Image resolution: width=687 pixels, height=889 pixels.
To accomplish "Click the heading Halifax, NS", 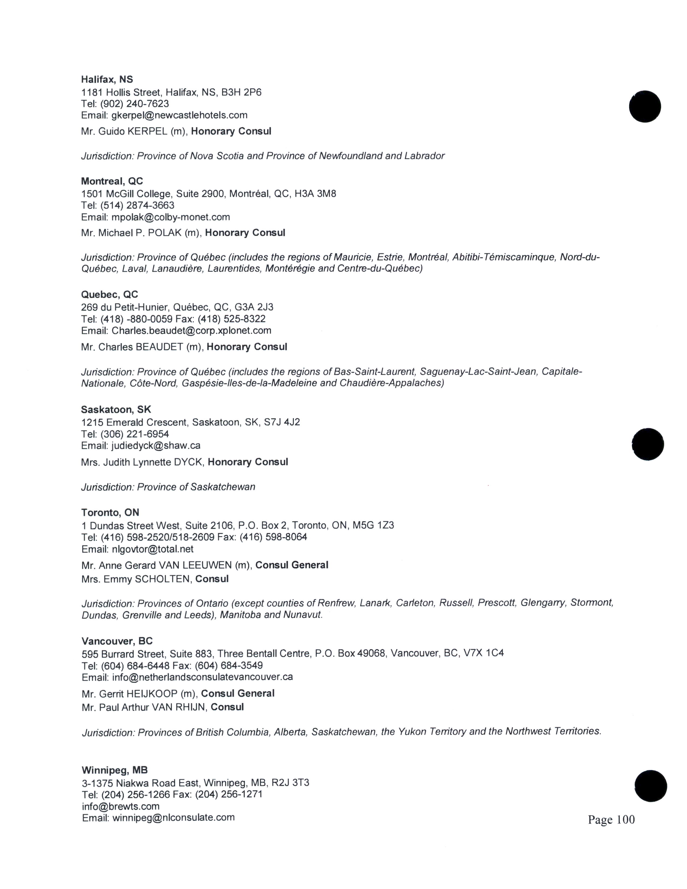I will pos(107,79).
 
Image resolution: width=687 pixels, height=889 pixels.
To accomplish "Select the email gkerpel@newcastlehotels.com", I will pos(179,115).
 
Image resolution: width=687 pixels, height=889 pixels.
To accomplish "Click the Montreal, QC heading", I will pos(112,181).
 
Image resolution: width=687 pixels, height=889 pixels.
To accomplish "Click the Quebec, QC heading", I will pos(109,294).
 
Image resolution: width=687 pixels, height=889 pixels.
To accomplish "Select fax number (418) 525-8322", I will pos(232,319).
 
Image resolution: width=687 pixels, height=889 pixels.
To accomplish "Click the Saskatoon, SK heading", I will pos(116,409).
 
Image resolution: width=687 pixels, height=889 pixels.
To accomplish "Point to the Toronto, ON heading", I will pos(110,512).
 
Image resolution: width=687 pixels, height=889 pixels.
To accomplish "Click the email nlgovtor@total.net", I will pos(152,549).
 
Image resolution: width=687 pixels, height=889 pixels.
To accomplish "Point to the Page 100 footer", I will pos(611,819).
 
